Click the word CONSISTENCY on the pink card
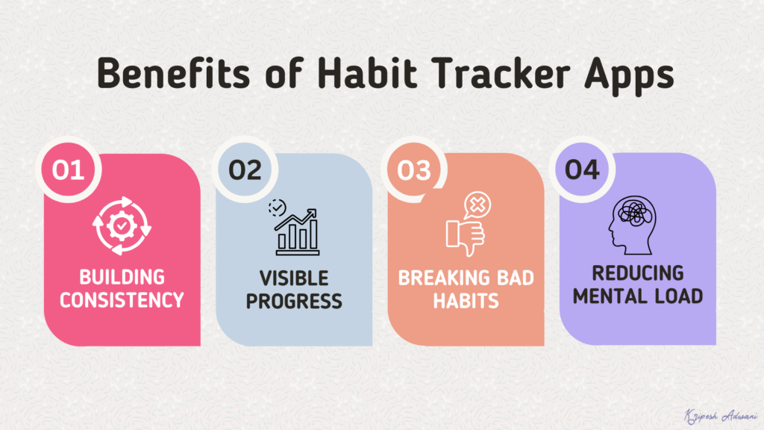point(122,300)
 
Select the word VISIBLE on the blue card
point(294,278)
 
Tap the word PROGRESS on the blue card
point(294,301)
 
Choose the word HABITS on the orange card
point(466,301)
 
